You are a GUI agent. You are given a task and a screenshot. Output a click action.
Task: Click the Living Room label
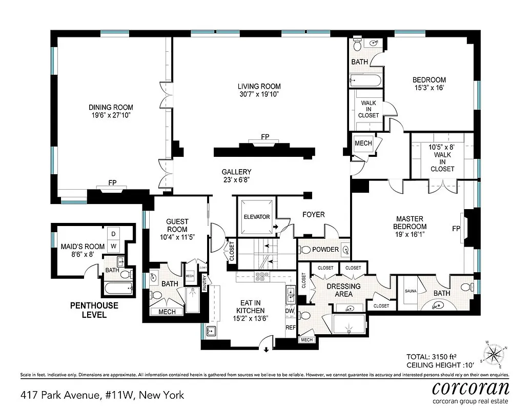pos(259,86)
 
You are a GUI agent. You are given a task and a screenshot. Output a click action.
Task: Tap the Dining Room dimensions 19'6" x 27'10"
pos(111,116)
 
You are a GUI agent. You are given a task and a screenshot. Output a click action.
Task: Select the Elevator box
pos(256,217)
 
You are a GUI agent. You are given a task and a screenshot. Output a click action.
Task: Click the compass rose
pos(494,353)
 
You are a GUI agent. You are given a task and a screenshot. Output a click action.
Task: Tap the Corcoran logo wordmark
pos(471,387)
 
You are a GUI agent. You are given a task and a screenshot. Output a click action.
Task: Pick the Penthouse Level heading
pos(94,310)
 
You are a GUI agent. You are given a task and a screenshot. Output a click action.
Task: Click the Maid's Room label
pos(83,247)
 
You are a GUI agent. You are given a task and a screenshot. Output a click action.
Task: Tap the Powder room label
pos(325,250)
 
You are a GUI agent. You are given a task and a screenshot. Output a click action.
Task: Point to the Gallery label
pos(236,172)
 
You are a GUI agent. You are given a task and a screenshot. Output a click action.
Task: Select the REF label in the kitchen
pos(291,327)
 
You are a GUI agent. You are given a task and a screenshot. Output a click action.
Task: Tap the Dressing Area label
pos(343,290)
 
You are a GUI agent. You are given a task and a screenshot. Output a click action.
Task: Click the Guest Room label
pos(177,225)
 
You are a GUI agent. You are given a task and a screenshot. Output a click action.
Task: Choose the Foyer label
pos(313,214)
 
